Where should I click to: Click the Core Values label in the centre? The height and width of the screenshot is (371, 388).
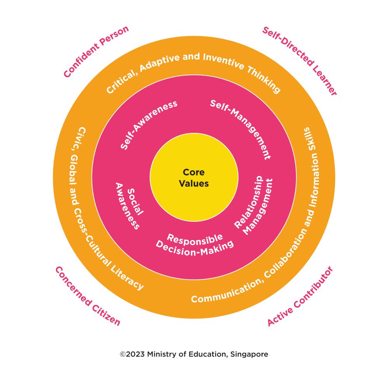(x=194, y=178)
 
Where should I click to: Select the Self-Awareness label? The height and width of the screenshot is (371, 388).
(x=149, y=124)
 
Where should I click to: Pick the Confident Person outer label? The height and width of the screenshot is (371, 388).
(x=96, y=51)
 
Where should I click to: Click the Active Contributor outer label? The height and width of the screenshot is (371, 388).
(x=300, y=296)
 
